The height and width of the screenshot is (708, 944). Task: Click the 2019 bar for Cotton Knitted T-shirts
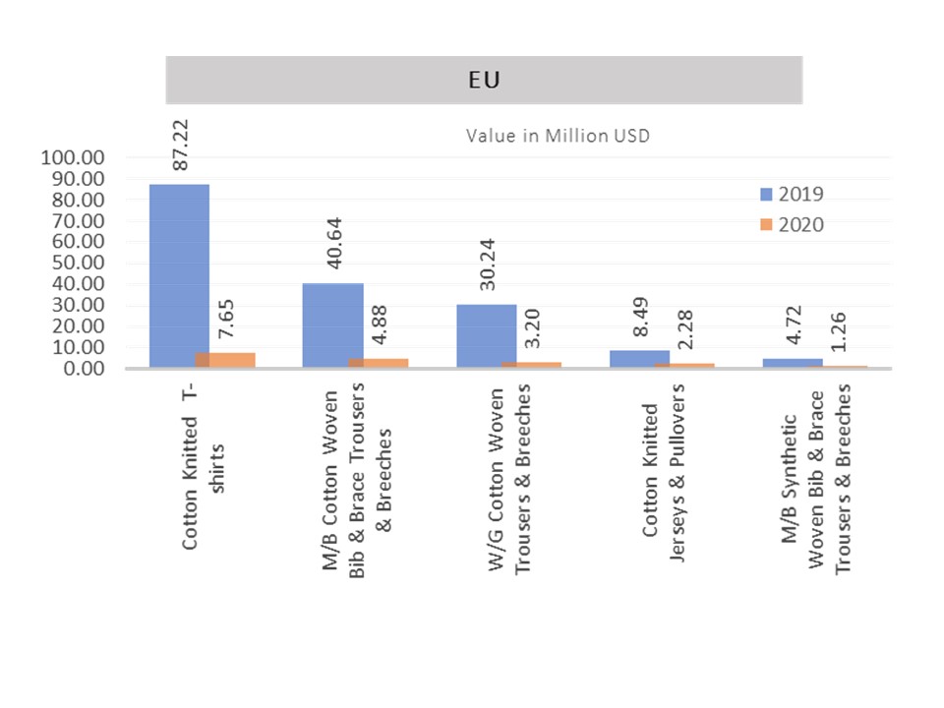click(x=179, y=275)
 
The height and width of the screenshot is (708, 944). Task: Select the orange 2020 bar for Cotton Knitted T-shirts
click(x=226, y=360)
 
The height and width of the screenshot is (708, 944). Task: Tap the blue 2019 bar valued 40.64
click(x=332, y=325)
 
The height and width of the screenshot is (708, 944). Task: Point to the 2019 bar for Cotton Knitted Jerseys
click(x=639, y=359)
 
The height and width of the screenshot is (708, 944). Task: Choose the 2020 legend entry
click(x=791, y=224)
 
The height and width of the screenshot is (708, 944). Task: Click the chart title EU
click(x=484, y=80)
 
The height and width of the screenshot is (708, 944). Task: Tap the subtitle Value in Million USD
click(x=558, y=136)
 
